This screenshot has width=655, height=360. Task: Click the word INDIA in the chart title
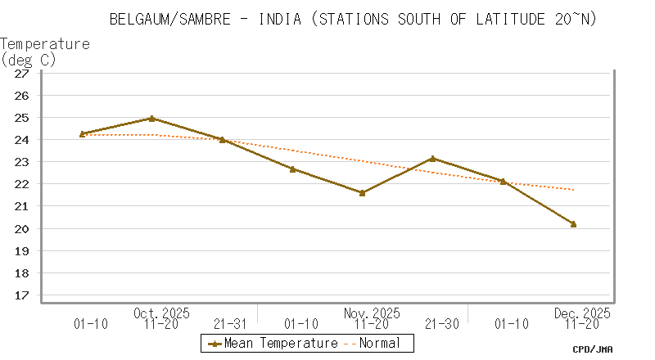pos(282,18)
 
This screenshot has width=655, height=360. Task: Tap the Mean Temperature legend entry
pos(271,344)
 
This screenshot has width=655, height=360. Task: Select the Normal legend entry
pos(379,344)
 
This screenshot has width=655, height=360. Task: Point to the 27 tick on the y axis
pos(22,73)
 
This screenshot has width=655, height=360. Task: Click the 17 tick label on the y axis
pos(22,295)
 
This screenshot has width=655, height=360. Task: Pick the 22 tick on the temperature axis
pos(22,184)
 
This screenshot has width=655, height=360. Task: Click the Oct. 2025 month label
pos(161,313)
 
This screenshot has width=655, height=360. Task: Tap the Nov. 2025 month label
pos(373,313)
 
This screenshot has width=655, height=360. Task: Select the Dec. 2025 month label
pos(582,313)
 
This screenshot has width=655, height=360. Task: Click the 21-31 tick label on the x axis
pos(232,325)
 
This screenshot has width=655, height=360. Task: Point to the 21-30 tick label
pos(442,325)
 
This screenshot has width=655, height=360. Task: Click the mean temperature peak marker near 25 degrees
pos(151,119)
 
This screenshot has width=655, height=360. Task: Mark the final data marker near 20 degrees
pos(573,224)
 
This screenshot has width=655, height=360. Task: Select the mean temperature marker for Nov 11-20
pos(363,193)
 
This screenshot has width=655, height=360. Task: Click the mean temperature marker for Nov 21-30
pos(433,159)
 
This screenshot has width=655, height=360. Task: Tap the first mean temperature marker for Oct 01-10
pos(82,134)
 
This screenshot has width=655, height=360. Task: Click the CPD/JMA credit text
pos(593,349)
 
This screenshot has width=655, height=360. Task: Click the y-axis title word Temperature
pos(45,43)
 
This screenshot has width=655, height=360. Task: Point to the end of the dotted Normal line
pos(573,190)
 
